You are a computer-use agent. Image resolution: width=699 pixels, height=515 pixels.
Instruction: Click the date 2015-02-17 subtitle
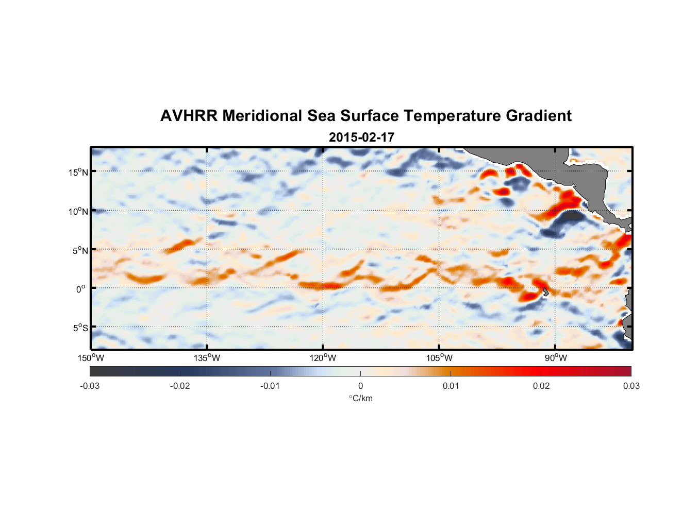[x=361, y=138]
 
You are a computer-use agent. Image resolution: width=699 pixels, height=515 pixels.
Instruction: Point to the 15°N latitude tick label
[x=78, y=172]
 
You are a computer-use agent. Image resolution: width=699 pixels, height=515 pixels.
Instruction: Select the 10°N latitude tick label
[x=78, y=211]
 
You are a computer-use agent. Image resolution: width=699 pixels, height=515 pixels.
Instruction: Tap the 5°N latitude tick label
[x=80, y=250]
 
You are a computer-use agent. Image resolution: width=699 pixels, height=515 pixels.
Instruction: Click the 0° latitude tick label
[x=81, y=289]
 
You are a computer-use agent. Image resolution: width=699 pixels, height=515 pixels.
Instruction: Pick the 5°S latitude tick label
[x=80, y=328]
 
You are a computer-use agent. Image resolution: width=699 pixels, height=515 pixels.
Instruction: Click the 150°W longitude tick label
[x=91, y=358]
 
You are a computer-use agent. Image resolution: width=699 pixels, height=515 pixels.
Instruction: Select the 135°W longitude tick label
[x=207, y=358]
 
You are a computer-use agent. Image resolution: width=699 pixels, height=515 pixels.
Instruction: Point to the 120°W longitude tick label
[x=323, y=358]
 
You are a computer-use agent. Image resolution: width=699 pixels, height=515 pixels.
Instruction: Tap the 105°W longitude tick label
[x=439, y=358]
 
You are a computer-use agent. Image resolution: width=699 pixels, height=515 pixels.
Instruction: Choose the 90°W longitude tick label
[x=556, y=358]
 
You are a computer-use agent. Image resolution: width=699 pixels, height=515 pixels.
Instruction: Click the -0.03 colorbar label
[x=90, y=386]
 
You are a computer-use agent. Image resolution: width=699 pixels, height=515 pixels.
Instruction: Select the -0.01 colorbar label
[x=270, y=386]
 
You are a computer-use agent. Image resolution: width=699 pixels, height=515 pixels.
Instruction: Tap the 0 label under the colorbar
[x=360, y=386]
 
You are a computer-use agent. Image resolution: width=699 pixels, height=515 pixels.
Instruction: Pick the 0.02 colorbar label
[x=541, y=386]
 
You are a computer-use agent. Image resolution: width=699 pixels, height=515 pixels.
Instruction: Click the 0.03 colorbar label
[x=631, y=386]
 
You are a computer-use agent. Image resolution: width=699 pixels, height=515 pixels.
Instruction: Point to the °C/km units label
[x=360, y=398]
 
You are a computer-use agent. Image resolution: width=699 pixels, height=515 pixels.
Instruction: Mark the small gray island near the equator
[x=545, y=291]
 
